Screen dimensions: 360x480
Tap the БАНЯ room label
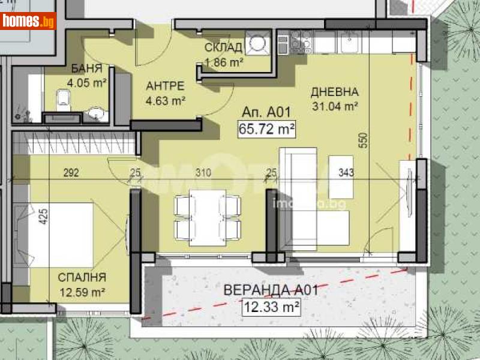[86, 68]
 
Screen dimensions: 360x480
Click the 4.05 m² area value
[88, 82]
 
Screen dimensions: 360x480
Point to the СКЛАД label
[223, 48]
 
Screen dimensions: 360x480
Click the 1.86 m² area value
[223, 61]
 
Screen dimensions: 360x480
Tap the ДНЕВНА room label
[334, 92]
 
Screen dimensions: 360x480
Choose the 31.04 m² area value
[335, 106]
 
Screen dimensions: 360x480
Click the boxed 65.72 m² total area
[268, 128]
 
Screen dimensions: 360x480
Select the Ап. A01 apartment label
[266, 112]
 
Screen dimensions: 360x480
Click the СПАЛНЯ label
[82, 277]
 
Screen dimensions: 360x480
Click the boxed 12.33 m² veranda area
[270, 308]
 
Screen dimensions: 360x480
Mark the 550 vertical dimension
[362, 140]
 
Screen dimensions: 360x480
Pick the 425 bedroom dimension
[43, 215]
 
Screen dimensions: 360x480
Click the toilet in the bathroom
[62, 99]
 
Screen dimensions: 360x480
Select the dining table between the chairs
[208, 217]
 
